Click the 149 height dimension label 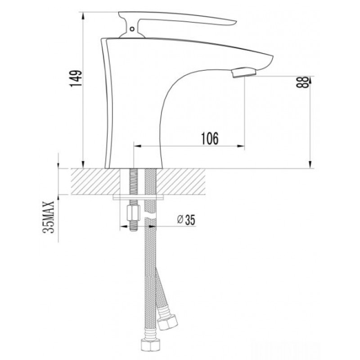(x=76, y=78)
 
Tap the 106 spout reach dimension (x=210, y=139)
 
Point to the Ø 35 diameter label (x=186, y=220)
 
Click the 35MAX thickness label (x=49, y=217)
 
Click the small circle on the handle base (x=132, y=29)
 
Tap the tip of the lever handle (x=235, y=22)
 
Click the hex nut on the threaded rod (x=133, y=213)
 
